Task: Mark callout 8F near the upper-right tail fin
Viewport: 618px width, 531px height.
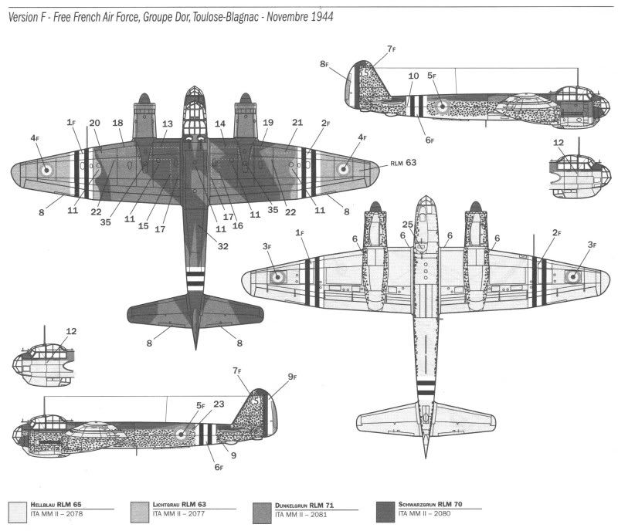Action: tap(324, 66)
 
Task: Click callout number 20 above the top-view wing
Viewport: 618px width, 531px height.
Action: tap(94, 123)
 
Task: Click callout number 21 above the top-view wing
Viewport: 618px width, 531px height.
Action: tap(297, 123)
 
